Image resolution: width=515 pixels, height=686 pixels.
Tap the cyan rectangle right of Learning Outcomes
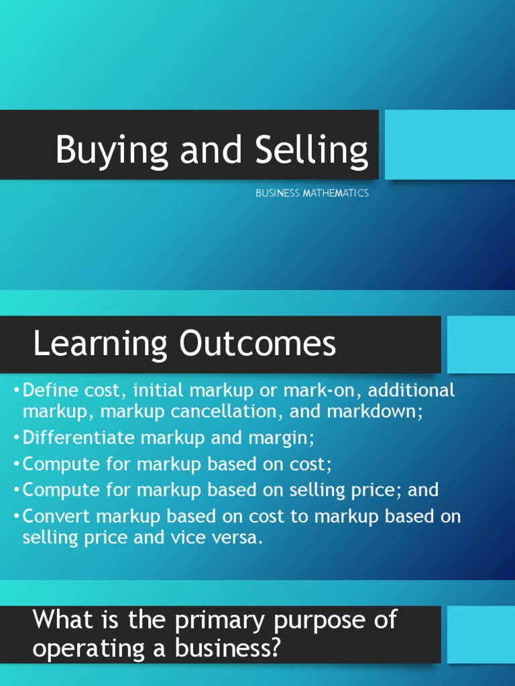tap(481, 344)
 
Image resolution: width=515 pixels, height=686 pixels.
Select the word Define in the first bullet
tap(51, 390)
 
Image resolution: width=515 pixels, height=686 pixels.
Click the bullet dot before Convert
tap(16, 517)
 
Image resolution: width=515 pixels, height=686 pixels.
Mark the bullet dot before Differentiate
tap(16, 437)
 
